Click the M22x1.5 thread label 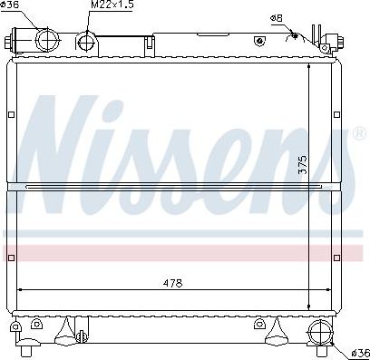coord(112,5)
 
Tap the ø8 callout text coord(277,19)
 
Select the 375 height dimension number coord(302,165)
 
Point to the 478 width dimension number coord(172,283)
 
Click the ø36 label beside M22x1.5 coord(10,5)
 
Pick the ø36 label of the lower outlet coord(361,353)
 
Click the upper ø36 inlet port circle coord(47,39)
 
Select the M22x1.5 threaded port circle coord(86,42)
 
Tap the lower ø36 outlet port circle coord(320,332)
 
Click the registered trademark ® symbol coord(359,133)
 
